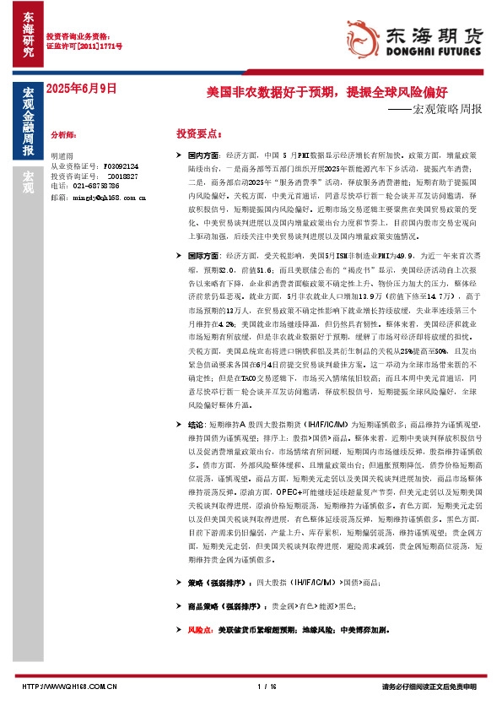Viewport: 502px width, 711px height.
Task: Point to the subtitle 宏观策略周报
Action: click(x=440, y=110)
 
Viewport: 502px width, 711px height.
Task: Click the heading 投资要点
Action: click(x=199, y=134)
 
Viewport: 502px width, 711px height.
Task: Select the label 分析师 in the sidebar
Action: click(x=64, y=134)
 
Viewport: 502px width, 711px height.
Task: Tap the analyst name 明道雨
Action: click(x=63, y=156)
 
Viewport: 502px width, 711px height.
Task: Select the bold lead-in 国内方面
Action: click(x=202, y=156)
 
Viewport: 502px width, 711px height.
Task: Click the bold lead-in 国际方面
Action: click(x=202, y=255)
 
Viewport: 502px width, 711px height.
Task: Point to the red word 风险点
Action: click(x=201, y=630)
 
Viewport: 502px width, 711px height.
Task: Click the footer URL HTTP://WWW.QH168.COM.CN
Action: click(x=68, y=687)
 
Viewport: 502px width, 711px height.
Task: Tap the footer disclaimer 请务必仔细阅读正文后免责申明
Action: click(x=429, y=687)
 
